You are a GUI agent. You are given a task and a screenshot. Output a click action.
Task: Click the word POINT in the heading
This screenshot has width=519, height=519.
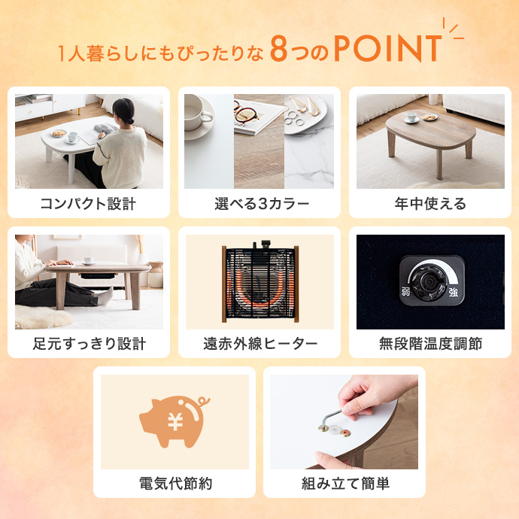[388, 48]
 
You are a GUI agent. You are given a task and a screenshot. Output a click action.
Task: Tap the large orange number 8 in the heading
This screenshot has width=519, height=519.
[279, 49]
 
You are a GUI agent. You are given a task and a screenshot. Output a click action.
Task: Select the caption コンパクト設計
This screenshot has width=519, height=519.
[88, 204]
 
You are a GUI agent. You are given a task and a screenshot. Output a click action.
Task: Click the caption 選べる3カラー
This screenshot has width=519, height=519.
[262, 204]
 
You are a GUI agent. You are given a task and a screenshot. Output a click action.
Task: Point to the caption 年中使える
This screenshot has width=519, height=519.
[430, 204]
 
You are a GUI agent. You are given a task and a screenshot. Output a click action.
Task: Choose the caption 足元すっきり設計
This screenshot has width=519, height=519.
[89, 344]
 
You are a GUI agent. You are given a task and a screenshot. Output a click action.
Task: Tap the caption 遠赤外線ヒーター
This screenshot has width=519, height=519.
[260, 344]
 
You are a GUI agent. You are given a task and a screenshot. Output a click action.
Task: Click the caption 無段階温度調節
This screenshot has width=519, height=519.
[430, 344]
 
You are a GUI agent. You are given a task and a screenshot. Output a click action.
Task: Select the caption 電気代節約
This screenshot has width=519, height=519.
[175, 484]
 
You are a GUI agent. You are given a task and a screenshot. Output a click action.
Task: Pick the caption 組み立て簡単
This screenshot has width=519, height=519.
[345, 484]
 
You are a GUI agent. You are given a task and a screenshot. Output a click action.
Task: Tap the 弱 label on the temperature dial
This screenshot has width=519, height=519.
[406, 292]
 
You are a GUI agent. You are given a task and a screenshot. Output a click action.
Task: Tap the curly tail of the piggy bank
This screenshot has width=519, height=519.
[203, 402]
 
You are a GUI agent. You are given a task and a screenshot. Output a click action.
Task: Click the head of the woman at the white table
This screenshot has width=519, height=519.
[124, 111]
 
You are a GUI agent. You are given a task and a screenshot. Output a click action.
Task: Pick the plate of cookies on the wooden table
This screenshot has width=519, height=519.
[430, 117]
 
